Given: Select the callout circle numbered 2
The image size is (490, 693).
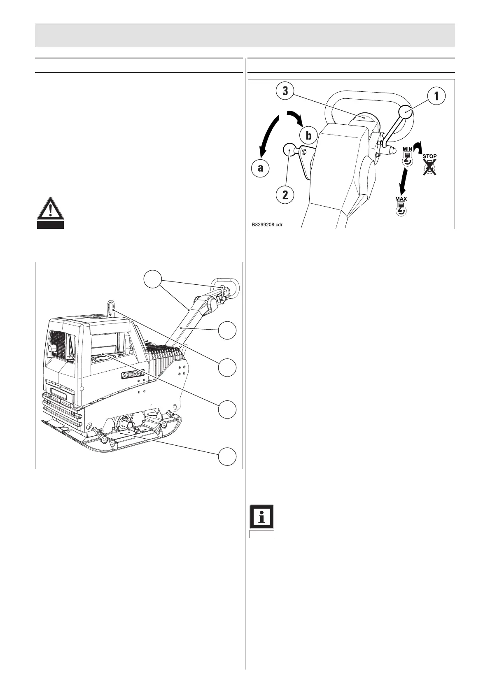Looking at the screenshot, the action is click(285, 194).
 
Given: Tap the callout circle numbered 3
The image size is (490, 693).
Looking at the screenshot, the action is click(285, 91).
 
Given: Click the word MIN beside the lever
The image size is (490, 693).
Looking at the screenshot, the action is click(407, 149).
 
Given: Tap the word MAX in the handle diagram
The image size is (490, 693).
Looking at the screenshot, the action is click(401, 199).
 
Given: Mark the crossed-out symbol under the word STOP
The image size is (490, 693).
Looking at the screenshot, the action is click(430, 167).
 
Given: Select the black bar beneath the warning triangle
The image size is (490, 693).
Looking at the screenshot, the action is click(50, 225).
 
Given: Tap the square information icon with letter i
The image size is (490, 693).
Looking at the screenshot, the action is click(262, 516).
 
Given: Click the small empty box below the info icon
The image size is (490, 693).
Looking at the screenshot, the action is click(262, 534).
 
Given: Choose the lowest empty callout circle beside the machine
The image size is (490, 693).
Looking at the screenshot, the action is click(227, 456).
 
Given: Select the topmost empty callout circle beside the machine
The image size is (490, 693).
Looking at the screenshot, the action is click(153, 280).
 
